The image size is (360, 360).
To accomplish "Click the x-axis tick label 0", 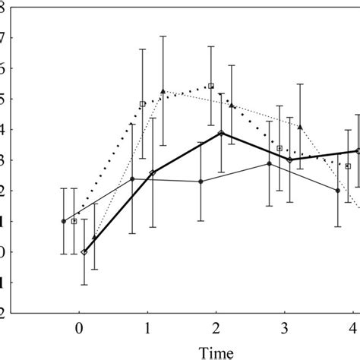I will click(78, 328).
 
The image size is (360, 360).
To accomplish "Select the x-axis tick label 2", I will click(216, 328).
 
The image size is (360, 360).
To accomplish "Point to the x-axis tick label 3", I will click(285, 328).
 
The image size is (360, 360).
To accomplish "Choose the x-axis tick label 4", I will click(352, 328).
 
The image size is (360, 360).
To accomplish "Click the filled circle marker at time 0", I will click(63, 221).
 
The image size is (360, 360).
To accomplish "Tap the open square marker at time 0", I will click(74, 221).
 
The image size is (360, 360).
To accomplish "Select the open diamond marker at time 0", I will click(84, 252).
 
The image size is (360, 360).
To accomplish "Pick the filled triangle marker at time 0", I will click(94, 238).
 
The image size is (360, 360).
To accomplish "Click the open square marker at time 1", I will click(142, 103).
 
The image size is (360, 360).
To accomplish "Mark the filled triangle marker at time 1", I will click(163, 91).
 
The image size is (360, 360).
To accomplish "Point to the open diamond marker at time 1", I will click(153, 173).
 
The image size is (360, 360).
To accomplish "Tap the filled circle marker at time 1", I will click(132, 179).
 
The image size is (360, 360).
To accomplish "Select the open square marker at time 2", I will click(211, 86).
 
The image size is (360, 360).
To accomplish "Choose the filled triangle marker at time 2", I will click(232, 106).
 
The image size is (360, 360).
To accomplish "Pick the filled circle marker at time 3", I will click(269, 163).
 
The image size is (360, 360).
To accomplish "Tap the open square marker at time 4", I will click(348, 166).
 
